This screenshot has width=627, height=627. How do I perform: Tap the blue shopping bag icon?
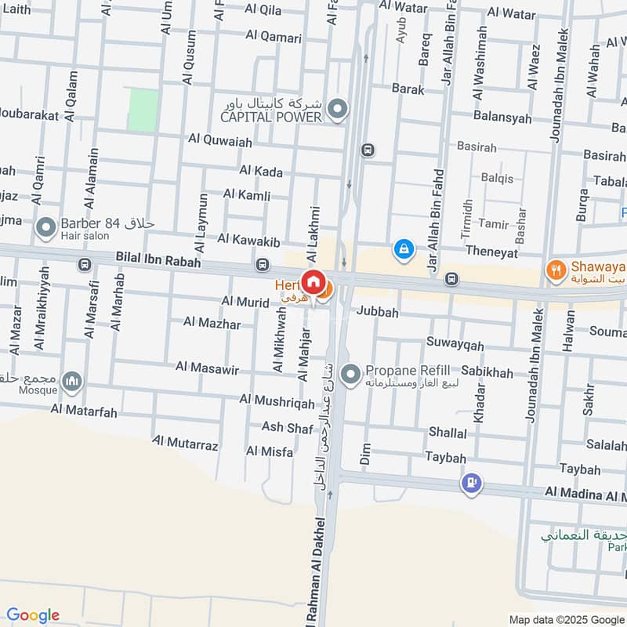(x=404, y=249)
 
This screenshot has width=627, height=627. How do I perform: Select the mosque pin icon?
(x=73, y=382)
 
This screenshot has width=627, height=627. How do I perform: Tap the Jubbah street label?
(x=378, y=312)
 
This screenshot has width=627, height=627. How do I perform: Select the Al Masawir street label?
(x=207, y=368)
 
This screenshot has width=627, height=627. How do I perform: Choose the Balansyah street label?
(x=502, y=118)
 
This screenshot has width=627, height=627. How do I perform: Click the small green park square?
(x=143, y=110)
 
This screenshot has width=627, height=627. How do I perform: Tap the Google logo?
(x=33, y=615)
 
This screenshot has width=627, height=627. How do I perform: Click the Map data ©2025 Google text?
(x=566, y=619)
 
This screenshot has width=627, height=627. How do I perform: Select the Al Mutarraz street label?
(x=185, y=444)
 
